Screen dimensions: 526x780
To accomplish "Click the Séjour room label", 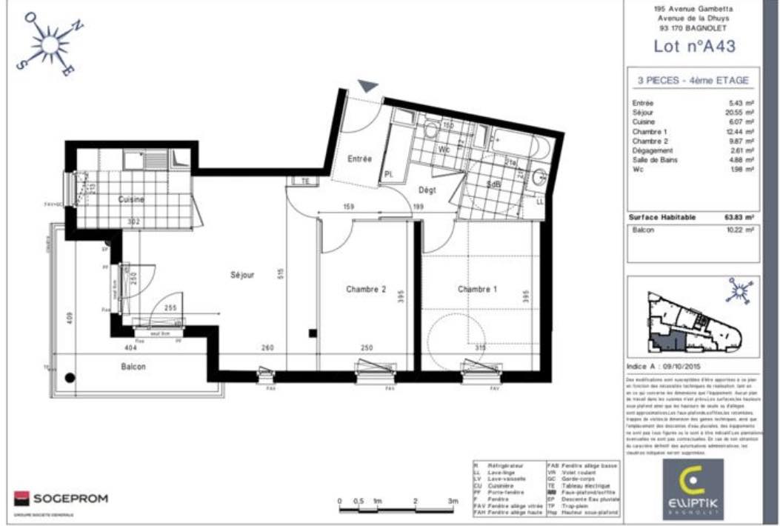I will (x=242, y=275).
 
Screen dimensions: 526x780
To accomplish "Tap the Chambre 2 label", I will (x=365, y=289).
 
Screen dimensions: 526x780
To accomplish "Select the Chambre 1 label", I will (x=478, y=288).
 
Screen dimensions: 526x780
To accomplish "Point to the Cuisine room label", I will (x=130, y=199).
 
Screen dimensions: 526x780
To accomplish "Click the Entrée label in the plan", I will (x=359, y=159).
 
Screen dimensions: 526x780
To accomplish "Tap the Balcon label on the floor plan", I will (x=133, y=367).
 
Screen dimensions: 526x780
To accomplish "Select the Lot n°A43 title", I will (x=694, y=46).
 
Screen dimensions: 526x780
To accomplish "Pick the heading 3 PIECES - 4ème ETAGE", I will (x=693, y=81).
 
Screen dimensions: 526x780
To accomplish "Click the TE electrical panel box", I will (x=304, y=181).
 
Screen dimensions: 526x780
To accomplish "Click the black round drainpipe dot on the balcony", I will (x=70, y=378).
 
